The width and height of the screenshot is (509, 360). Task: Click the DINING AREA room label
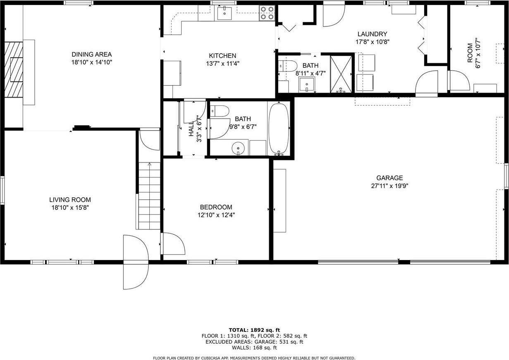91,54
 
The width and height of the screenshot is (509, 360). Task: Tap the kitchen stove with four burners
267,13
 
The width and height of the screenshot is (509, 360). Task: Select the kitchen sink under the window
225,13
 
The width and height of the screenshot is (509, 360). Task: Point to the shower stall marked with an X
342,73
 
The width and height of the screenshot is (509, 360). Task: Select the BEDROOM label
216,207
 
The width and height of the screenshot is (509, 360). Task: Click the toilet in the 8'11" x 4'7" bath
288,65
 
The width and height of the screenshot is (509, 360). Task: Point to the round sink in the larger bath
238,148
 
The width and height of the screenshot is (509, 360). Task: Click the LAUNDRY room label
372,34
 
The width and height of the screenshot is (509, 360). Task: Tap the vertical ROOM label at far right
470,53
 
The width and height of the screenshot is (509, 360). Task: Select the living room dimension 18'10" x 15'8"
70,207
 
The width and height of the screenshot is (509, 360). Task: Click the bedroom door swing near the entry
173,244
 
